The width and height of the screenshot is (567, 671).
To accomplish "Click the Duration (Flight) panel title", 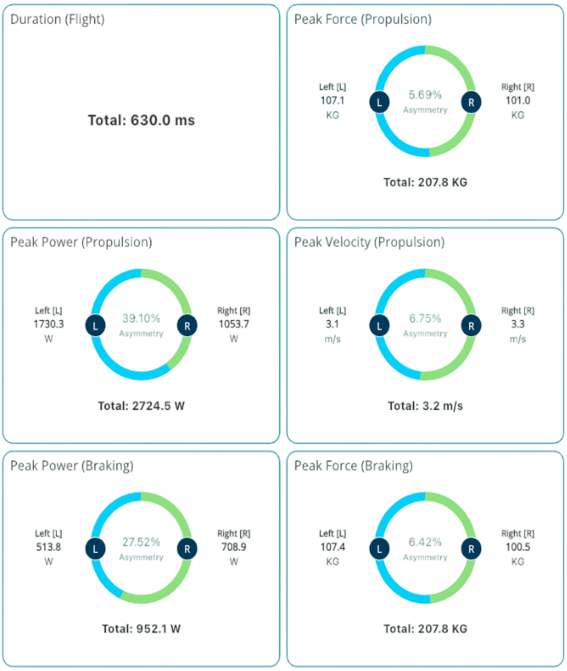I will tap(58, 19).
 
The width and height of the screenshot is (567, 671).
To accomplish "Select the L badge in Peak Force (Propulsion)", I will tap(379, 102).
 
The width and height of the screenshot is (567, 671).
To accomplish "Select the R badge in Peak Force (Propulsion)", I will tap(471, 102).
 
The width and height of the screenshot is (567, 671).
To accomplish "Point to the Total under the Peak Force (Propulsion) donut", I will tap(425, 183).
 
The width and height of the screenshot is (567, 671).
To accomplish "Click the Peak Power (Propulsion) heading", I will tap(81, 243).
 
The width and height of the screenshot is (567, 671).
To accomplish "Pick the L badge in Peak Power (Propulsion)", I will tap(95, 325).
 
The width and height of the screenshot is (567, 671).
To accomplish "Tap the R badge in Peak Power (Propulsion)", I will tap(187, 325).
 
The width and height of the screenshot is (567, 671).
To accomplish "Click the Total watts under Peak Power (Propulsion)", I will tap(141, 405).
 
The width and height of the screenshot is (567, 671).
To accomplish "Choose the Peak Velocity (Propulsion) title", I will tap(369, 243).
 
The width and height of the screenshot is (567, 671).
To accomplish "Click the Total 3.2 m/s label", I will tap(425, 405).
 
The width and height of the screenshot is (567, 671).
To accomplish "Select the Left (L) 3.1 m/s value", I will tap(332, 325).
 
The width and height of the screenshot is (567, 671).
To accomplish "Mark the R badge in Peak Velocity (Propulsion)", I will tap(471, 325).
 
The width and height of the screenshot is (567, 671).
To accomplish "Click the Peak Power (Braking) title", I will tap(72, 466).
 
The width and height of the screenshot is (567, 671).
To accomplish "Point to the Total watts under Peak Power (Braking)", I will tap(141, 629).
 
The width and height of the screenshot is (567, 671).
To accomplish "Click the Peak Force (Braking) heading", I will tap(353, 466).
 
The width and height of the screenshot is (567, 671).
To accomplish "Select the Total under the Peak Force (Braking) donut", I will tap(425, 629).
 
